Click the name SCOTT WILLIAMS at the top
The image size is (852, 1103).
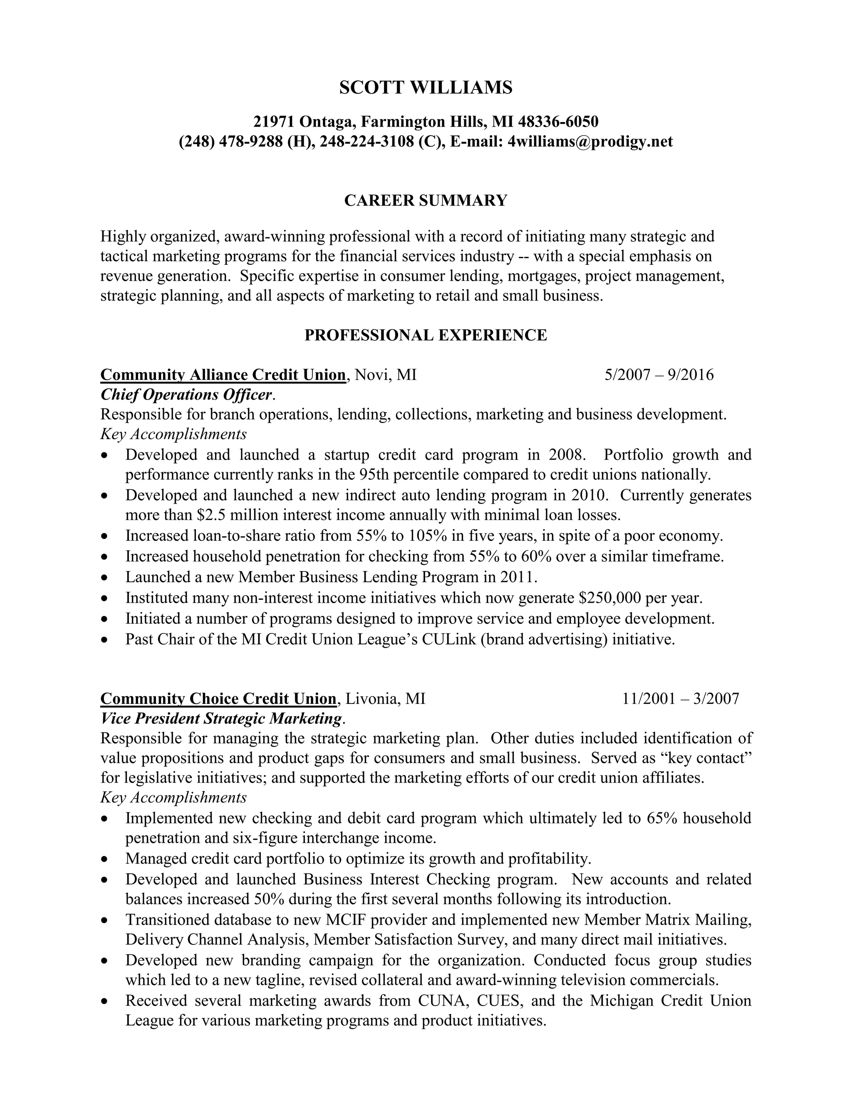(x=426, y=87)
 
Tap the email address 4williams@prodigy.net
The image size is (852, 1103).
(x=589, y=142)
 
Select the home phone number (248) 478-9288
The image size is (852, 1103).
(x=231, y=142)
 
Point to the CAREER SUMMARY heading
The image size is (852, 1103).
(x=426, y=201)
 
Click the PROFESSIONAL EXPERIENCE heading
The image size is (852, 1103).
(x=426, y=335)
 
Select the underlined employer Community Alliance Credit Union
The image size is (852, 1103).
(x=223, y=375)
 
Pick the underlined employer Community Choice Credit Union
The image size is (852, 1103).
(x=218, y=698)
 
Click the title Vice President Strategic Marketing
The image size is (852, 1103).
(x=221, y=718)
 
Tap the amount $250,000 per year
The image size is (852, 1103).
(x=640, y=598)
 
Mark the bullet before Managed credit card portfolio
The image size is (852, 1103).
(x=104, y=859)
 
